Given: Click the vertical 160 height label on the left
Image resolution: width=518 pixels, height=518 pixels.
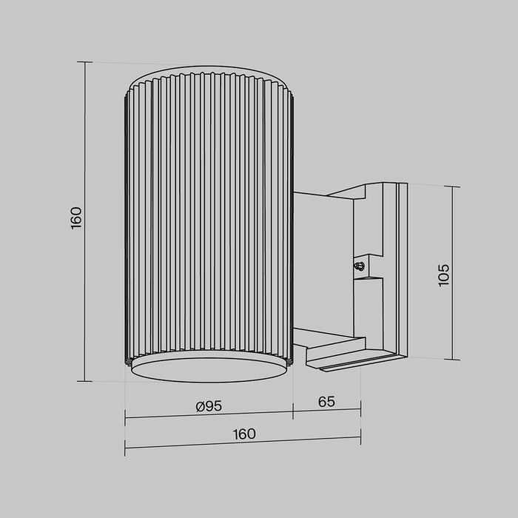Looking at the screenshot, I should click(x=76, y=219).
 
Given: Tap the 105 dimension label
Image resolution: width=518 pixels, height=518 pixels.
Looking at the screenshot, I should click(x=443, y=275).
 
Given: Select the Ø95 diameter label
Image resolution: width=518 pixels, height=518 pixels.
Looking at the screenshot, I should click(x=209, y=405).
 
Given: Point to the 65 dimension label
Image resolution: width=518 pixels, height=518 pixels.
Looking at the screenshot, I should click(x=326, y=402).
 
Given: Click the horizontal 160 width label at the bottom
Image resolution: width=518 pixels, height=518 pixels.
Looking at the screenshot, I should click(x=244, y=434).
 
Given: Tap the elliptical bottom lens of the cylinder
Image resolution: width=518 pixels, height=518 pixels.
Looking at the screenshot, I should click(x=209, y=369).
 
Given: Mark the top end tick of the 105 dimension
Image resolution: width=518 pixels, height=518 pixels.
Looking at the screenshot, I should click(x=454, y=186).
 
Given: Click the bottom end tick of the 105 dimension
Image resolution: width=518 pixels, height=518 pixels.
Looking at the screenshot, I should click(x=454, y=360).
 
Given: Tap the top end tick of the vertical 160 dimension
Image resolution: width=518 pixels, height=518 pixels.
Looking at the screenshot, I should click(x=87, y=62).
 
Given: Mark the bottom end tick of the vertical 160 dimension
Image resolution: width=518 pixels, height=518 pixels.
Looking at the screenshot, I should click(x=87, y=380).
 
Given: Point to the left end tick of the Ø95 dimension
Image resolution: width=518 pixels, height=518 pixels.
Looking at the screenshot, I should click(x=125, y=417).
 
